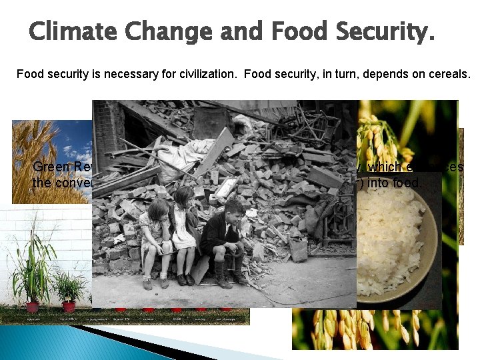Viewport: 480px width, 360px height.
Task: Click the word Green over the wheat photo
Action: pos(48,167)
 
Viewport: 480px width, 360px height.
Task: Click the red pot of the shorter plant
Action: pos(69,307)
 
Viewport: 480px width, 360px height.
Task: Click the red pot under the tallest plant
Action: pos(32,307)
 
